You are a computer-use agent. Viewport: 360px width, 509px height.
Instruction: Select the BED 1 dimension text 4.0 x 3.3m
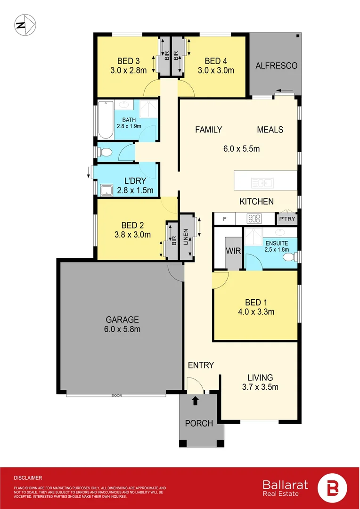coord(255,312)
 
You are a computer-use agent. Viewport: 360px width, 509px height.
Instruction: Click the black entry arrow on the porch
coord(196,401)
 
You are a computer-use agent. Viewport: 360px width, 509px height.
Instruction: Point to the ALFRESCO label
coord(277,66)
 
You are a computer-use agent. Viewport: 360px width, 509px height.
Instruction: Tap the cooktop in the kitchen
coord(255,219)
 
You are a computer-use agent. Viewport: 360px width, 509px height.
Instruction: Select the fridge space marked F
coord(225,219)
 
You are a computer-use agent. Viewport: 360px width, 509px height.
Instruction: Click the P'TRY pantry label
coord(286,219)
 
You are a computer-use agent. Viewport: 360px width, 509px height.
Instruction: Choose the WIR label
coord(234,251)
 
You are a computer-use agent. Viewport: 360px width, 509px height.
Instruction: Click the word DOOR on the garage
coord(117,396)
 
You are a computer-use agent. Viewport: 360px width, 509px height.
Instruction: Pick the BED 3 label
coord(128,61)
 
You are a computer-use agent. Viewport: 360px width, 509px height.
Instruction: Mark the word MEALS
coord(270,130)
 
